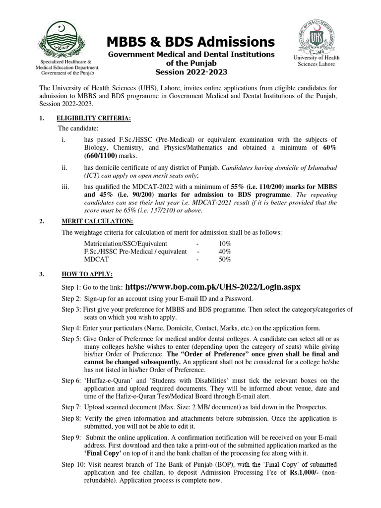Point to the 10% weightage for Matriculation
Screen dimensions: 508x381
(224, 244)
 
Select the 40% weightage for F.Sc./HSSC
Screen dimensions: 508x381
(224, 252)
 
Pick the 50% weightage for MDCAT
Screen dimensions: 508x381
(224, 259)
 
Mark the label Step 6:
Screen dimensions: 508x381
(71, 381)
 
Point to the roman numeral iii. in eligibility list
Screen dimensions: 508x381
(64, 187)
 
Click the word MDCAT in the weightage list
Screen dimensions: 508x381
(96, 259)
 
